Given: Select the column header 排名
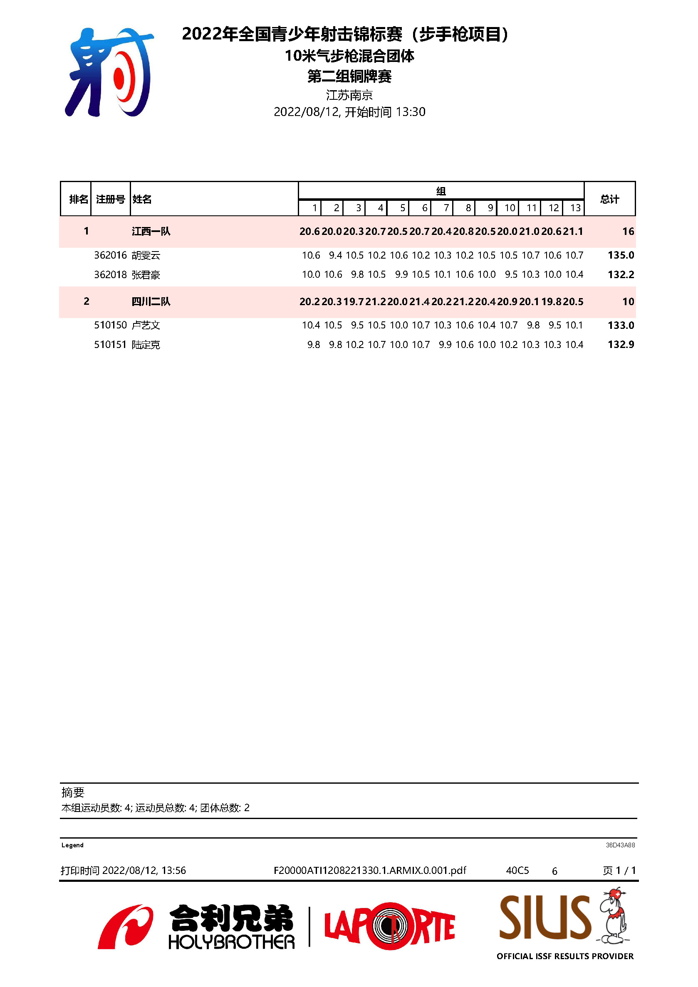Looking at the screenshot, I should click(x=78, y=199).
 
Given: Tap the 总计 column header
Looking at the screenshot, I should click(x=609, y=199).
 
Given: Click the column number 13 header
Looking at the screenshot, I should click(x=575, y=208).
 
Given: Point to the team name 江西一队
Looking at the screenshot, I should click(x=151, y=231).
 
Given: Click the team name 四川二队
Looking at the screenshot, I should click(x=151, y=301).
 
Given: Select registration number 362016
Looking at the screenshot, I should click(x=111, y=255).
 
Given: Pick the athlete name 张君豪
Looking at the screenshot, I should click(x=146, y=275).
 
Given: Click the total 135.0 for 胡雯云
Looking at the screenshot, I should click(x=621, y=255).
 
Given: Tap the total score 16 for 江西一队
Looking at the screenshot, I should click(x=628, y=231).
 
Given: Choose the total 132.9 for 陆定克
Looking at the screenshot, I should click(x=621, y=344).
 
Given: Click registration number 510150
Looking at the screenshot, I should click(x=111, y=325).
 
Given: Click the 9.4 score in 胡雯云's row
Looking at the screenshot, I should click(x=335, y=255).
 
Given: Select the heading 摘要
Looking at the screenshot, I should click(x=73, y=792).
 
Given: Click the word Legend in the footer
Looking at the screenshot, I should click(x=72, y=845).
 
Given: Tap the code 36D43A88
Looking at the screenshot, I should click(x=620, y=845).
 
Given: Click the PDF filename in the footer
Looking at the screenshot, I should click(x=370, y=871).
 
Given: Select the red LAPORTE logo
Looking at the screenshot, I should click(x=389, y=926).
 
